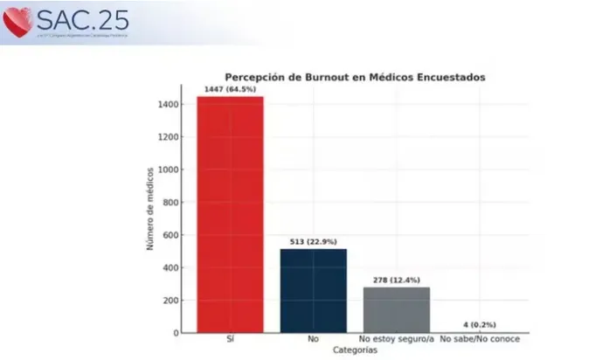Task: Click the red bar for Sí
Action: point(229,214)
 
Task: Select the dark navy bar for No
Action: point(313,290)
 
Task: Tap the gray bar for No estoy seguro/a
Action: point(396,309)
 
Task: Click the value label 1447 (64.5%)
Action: point(230,90)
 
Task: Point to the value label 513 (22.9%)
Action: point(313,242)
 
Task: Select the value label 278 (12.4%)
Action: point(396,280)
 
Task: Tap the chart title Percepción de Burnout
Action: point(355,77)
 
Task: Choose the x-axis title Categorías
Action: point(355,350)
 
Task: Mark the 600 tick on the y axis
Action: point(172,235)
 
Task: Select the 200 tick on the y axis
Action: point(172,301)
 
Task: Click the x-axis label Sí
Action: point(229,339)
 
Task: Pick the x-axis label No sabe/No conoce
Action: point(480,339)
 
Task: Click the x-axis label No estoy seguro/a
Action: point(396,339)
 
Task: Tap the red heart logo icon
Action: point(17,22)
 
